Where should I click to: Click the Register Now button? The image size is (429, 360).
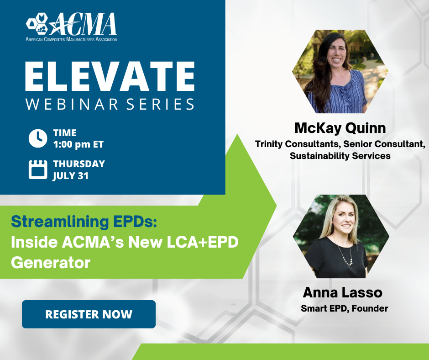coord(89,314)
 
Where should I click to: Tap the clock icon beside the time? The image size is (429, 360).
coord(38,138)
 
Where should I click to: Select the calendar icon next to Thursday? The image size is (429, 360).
coord(38,169)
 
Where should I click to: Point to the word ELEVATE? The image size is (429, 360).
coord(110,76)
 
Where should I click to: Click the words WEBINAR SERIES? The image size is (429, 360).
coord(110,104)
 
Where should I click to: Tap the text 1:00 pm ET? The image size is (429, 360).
coord(78,144)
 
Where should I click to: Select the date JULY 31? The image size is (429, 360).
coord(71,175)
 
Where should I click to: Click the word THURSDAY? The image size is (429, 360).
coord(79,164)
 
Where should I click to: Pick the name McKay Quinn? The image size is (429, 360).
coord(340,128)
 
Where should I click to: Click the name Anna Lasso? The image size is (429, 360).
coord(343,292)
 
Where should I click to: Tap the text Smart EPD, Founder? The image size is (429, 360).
coord(345,308)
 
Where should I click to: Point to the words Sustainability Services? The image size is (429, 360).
coord(340,156)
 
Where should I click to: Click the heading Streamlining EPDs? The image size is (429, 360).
coord(84,222)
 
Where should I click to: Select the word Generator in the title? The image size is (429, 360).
coord(51,262)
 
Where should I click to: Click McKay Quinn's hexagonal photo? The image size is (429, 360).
coord(340,71)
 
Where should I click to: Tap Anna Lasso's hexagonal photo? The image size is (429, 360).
coord(341,237)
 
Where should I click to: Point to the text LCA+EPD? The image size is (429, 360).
coord(203,242)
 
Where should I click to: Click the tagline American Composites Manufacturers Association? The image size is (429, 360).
coord(71,39)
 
